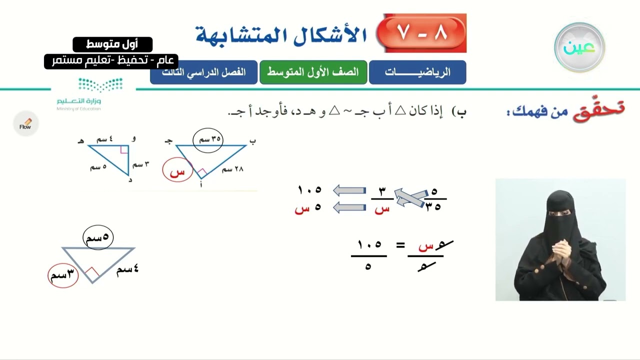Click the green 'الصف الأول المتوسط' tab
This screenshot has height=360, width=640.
[x=313, y=72]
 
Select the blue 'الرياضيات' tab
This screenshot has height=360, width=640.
[x=417, y=72]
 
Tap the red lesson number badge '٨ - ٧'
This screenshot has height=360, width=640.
[x=422, y=33]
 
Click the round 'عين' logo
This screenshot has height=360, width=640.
[x=579, y=47]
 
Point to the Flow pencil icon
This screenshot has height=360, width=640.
[x=25, y=124]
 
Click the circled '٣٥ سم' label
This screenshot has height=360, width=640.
[x=208, y=139]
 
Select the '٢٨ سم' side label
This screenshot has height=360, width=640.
[x=232, y=169]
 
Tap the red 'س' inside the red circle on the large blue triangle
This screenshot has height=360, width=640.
[x=177, y=171]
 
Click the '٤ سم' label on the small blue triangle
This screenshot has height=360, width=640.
[x=105, y=139]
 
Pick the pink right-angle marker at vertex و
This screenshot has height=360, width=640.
[x=124, y=149]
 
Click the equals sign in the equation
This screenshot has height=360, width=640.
[x=400, y=245]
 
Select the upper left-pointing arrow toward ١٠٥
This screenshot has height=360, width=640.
[x=349, y=190]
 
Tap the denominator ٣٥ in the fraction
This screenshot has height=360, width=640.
[x=433, y=207]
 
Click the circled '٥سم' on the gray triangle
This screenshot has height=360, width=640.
[x=98, y=237]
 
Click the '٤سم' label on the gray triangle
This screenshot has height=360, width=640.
[x=127, y=270]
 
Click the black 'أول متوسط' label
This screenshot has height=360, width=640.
[x=112, y=44]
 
